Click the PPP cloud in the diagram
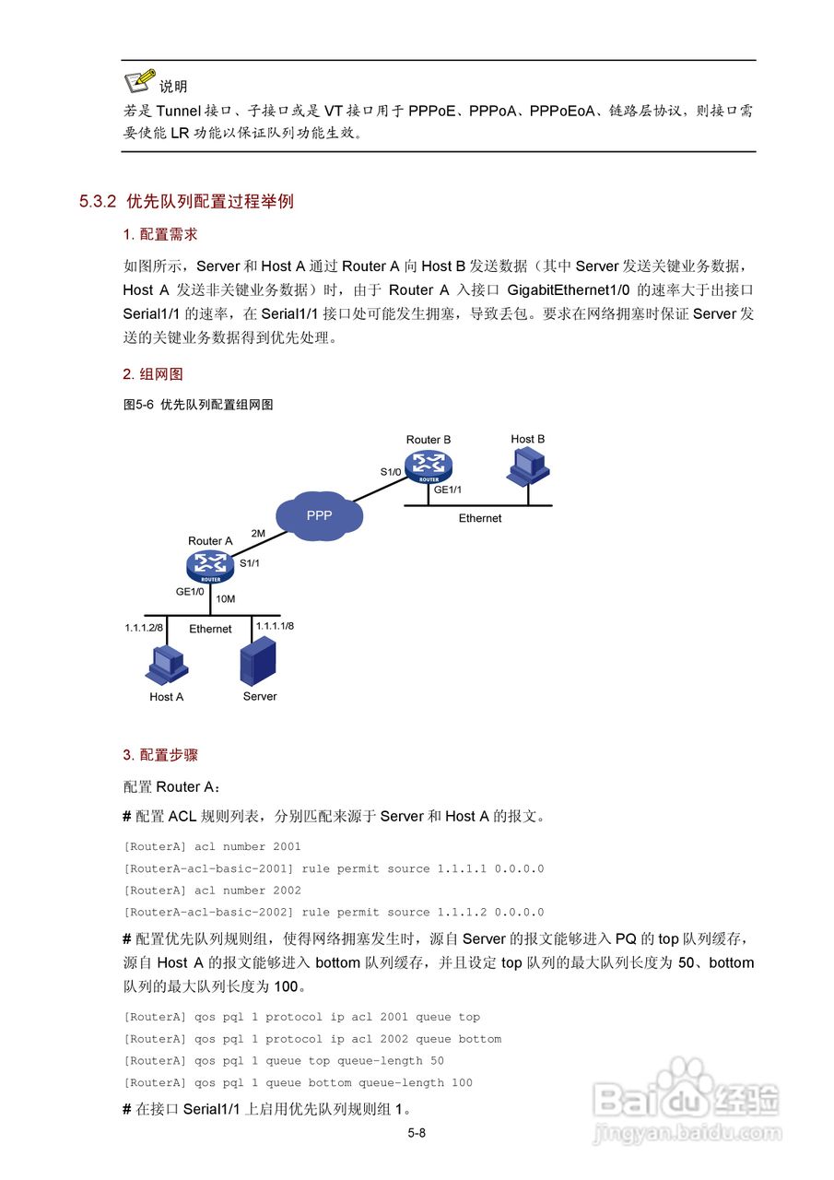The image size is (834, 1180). [x=319, y=515]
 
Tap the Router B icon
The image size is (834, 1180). [x=429, y=464]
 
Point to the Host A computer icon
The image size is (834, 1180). [x=167, y=666]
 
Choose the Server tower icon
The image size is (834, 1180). [x=259, y=662]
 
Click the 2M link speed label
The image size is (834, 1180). [x=258, y=533]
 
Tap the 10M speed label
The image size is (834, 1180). [x=225, y=599]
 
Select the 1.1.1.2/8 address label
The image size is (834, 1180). [x=144, y=627]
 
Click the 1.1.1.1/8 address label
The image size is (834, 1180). [x=275, y=625]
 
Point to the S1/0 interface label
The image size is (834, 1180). [x=391, y=472]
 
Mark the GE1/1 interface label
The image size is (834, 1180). [x=448, y=490]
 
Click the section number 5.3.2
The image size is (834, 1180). [x=98, y=201]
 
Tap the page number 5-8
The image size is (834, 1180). [x=417, y=1133]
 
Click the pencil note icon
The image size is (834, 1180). [x=139, y=81]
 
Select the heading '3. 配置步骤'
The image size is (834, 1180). [x=160, y=755]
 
